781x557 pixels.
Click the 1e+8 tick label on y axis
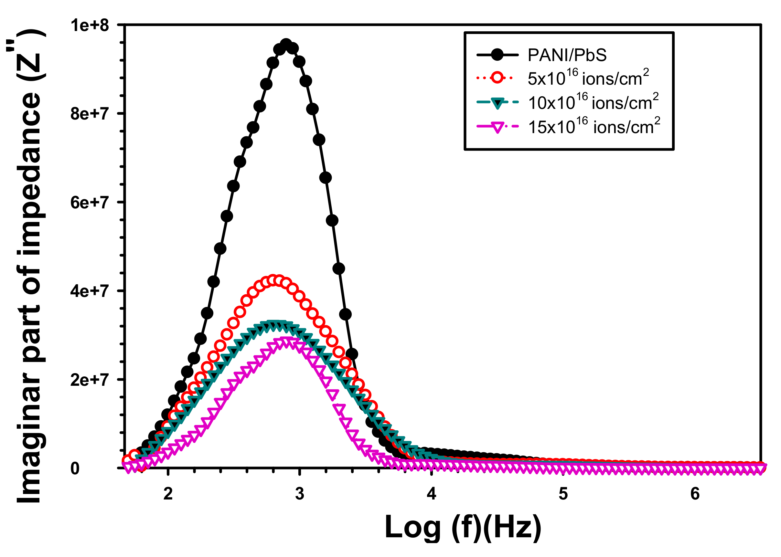90,26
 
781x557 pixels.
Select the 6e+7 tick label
90,203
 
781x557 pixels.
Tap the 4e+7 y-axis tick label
90,291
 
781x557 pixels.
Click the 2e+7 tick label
90,380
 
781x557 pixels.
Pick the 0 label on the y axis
75,469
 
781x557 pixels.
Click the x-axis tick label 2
168,494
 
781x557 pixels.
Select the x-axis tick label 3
300,494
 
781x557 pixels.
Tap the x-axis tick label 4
431,494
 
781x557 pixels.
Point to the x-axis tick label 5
563,494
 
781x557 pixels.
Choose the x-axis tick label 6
695,494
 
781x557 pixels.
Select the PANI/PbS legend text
567,55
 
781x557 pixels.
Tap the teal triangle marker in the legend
497,102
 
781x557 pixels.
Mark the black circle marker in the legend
497,55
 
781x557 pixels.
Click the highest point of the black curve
286,45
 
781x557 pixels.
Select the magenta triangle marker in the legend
497,127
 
